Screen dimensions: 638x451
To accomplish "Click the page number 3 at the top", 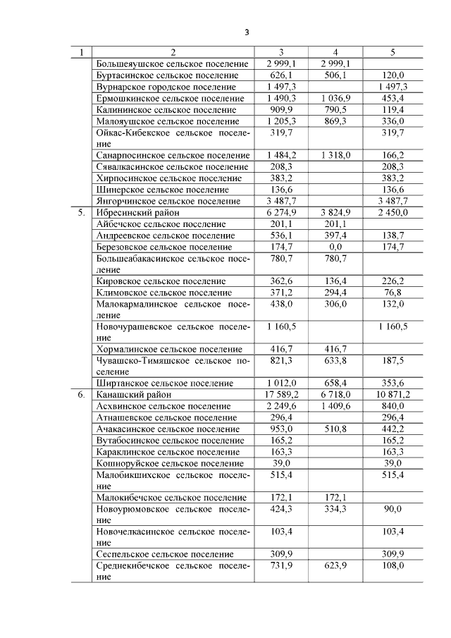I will coord(247,32).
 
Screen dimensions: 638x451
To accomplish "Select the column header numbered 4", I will coord(335,52).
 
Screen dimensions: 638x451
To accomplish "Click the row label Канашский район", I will coord(134,395).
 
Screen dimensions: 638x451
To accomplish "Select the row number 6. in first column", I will coord(82,395).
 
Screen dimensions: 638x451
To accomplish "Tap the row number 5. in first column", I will coord(82,211).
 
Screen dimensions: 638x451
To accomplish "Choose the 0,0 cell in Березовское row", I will coord(335,247).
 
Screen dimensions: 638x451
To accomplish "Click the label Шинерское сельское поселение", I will coord(162,190).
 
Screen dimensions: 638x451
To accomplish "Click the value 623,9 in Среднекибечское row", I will coord(335,565).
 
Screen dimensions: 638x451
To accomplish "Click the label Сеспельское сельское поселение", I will coord(164,554).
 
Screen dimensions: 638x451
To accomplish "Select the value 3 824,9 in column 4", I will coord(335,211).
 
